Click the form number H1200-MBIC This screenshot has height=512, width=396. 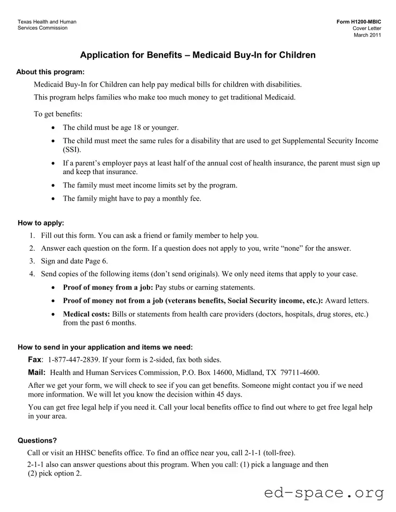point(359,22)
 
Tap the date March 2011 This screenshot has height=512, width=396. point(367,35)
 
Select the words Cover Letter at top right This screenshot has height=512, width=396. point(367,29)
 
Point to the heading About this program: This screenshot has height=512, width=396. point(51,72)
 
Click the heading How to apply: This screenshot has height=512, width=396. point(41,223)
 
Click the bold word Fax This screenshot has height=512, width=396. point(35,360)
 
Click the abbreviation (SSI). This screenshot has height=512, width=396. point(72,150)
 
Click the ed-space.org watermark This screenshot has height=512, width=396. point(324,493)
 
